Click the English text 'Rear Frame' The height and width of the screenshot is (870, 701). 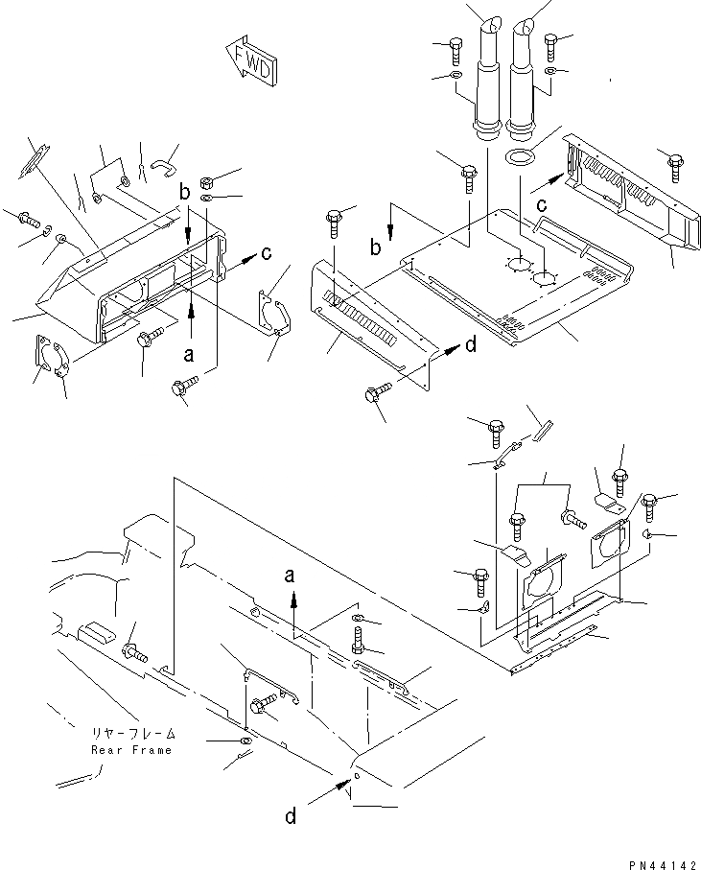[x=131, y=750]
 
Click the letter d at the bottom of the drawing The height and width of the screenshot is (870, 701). [x=290, y=816]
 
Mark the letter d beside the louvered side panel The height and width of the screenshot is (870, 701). [x=470, y=346]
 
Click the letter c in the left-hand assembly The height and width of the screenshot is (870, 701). [x=267, y=253]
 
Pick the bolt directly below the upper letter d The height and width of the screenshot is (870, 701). [x=375, y=394]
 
